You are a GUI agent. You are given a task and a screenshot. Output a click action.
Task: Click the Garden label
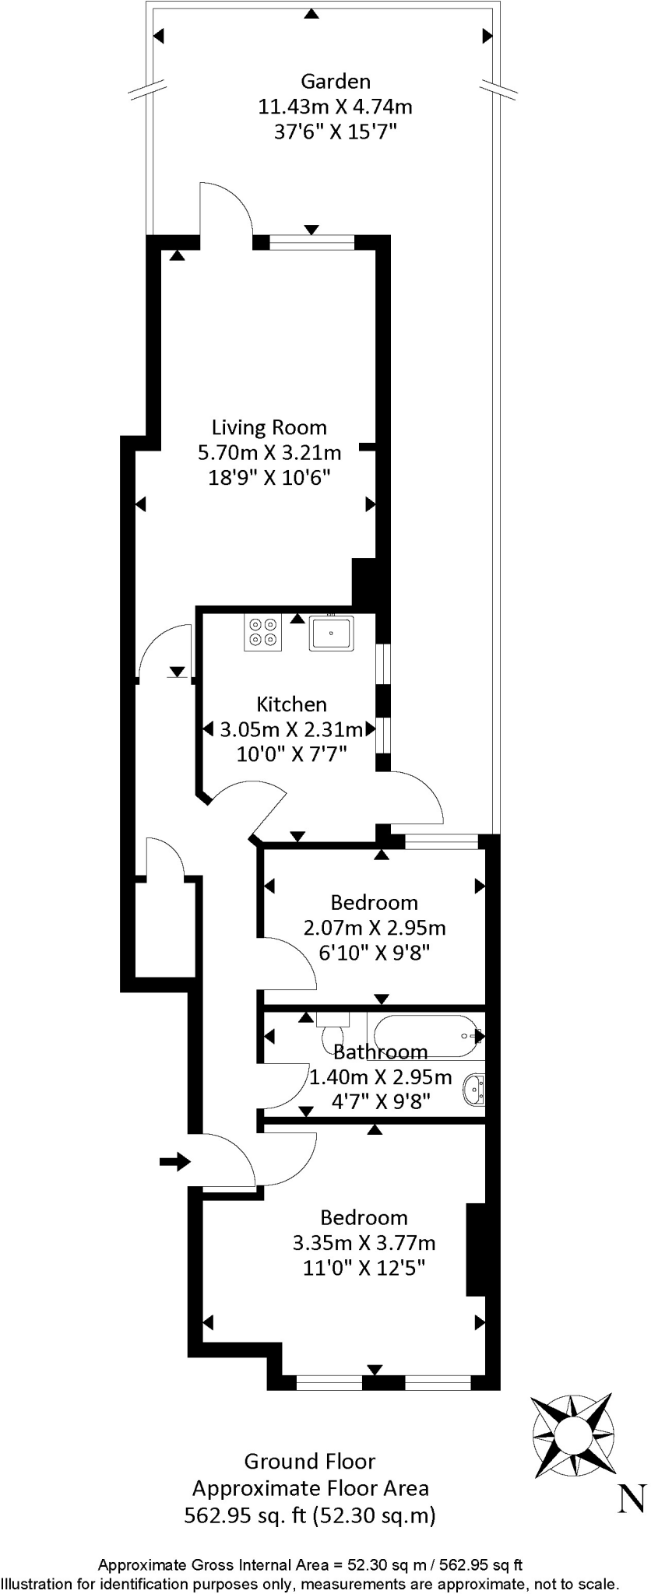pos(335,81)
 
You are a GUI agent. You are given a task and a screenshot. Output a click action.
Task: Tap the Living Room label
pos(269,427)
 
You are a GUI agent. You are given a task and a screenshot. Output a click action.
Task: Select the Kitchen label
pos(291,704)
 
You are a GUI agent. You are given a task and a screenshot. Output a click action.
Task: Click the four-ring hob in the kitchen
pos(263,632)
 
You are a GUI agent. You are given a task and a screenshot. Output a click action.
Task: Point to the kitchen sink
pos(331,632)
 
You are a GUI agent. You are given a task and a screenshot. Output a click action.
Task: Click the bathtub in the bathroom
pos(425,1035)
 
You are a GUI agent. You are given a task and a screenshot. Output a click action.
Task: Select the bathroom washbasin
pos(474,1089)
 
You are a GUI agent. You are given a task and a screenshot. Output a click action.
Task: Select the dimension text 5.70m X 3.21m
pos(269,452)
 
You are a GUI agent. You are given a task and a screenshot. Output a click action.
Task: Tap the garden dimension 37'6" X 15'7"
pos(335,131)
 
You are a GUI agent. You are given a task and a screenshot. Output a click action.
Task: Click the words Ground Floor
pos(310,1461)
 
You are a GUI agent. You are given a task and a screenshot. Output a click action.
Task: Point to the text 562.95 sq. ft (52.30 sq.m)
pos(310,1515)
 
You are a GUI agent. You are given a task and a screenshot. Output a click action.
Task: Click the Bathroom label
pos(380,1052)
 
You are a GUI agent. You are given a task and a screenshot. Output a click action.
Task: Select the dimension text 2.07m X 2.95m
pos(374,927)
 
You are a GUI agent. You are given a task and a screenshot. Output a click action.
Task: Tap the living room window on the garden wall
pos(311,242)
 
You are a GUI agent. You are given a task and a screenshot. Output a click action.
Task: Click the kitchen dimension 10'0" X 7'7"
pos(291,753)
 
